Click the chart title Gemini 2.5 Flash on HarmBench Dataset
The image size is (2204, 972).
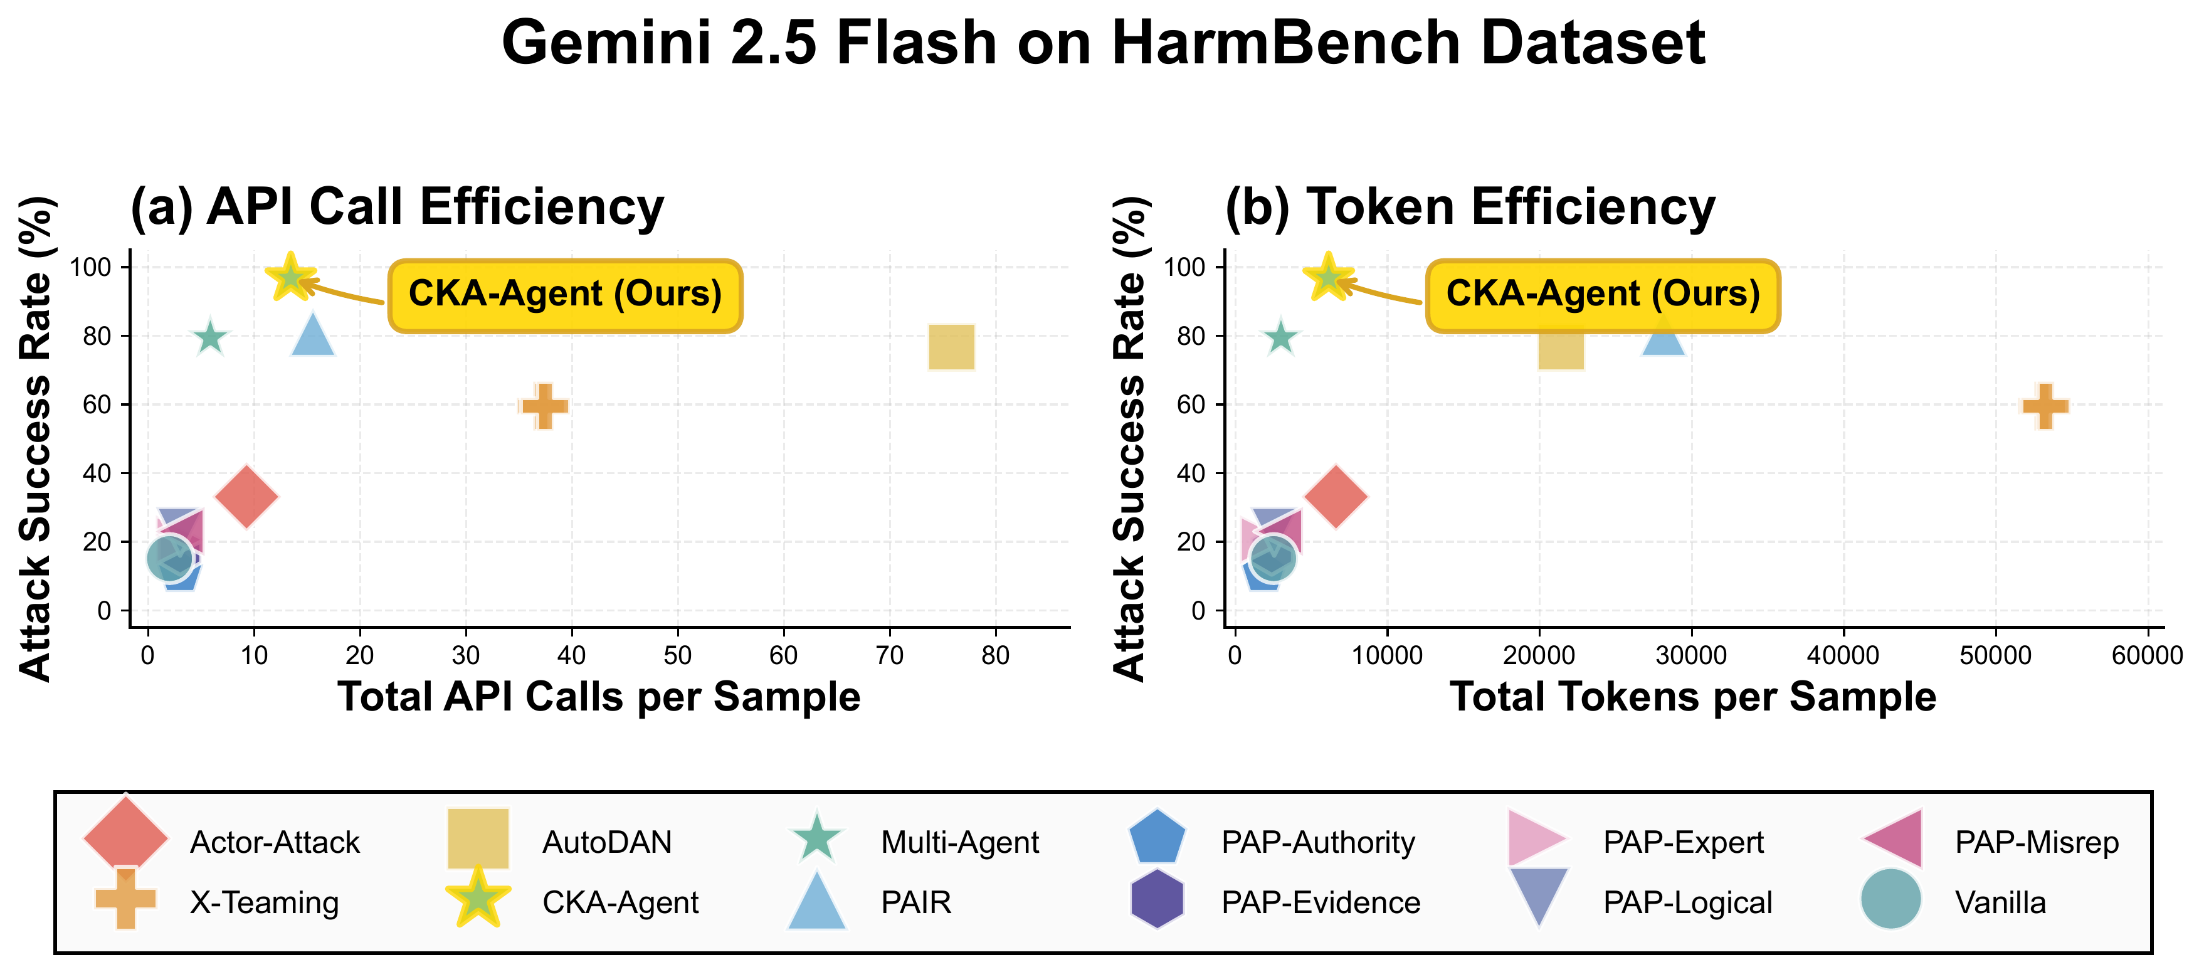pos(1102,43)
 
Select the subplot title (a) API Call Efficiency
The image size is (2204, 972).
pos(397,207)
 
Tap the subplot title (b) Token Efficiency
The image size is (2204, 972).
pos(1470,207)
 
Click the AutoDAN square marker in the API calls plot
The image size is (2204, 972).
pos(951,347)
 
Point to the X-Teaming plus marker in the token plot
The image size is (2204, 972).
pos(2045,406)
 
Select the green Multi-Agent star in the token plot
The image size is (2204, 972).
pos(1280,338)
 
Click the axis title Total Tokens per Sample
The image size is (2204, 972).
pos(1692,697)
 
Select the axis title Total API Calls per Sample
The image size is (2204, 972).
pos(599,697)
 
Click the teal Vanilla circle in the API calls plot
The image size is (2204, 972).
pos(169,558)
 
